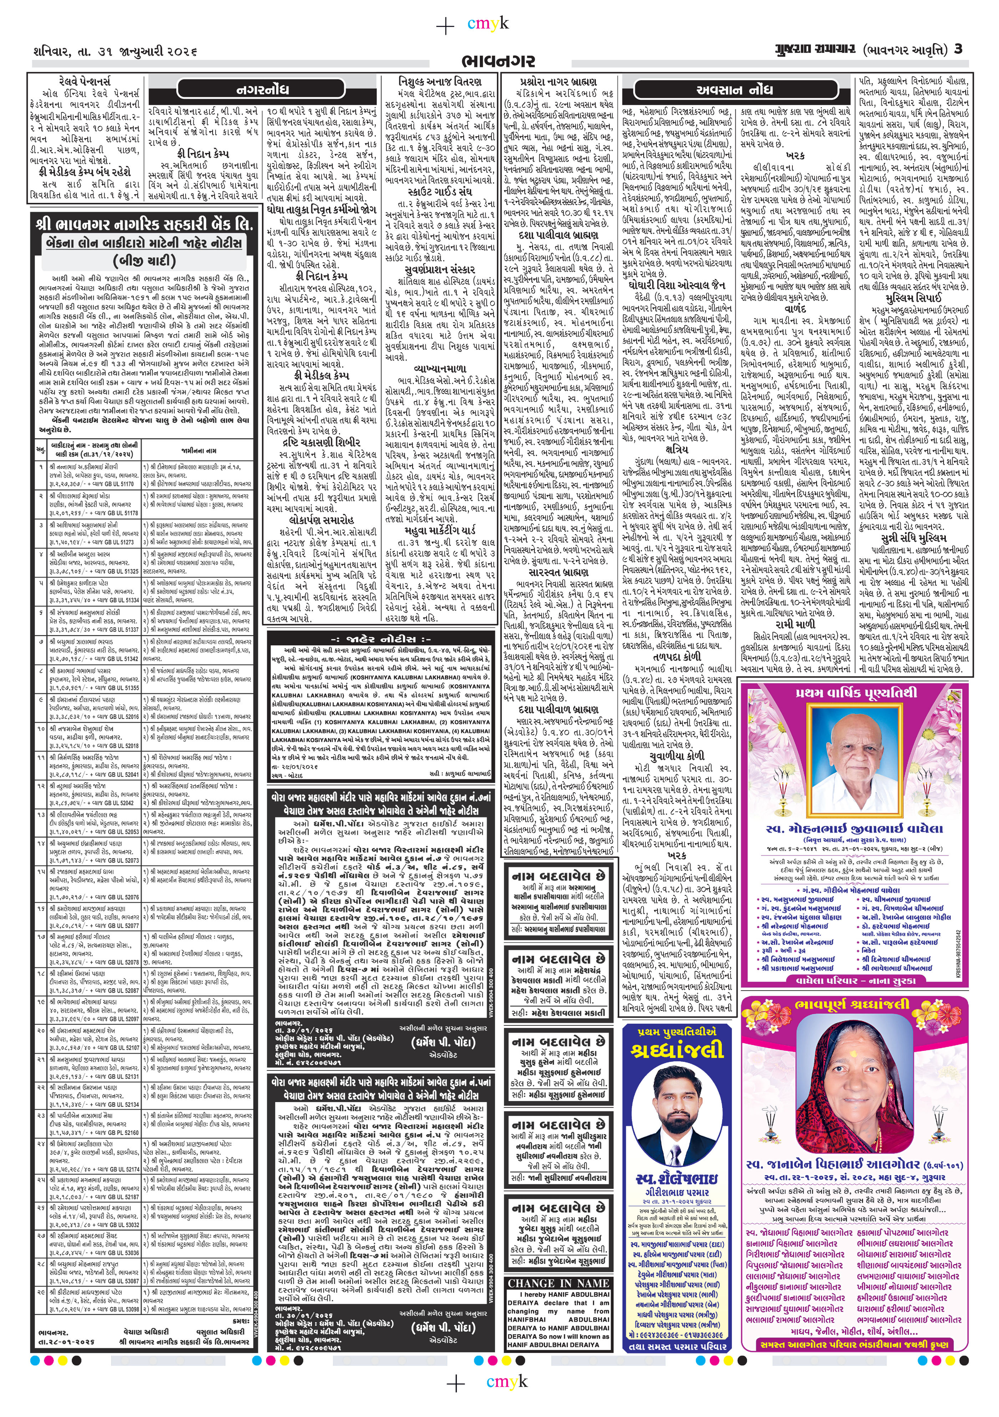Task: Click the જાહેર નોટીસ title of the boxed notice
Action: click(381, 639)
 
